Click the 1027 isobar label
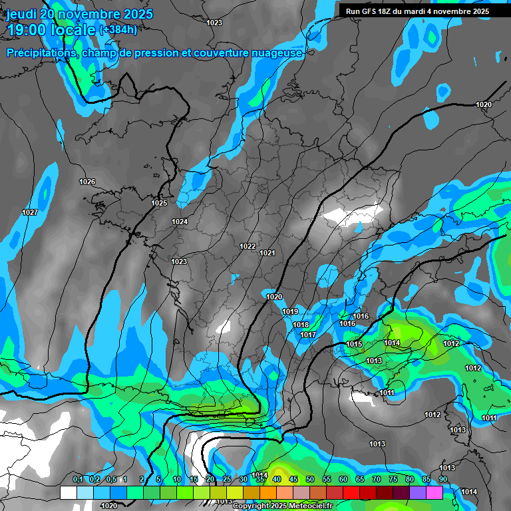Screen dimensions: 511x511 click(30, 212)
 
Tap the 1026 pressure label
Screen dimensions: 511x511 click(87, 182)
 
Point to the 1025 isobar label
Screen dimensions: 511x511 click(159, 203)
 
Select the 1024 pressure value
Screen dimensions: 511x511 click(180, 222)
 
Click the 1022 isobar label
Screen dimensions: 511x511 click(248, 246)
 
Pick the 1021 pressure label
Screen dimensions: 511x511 click(267, 253)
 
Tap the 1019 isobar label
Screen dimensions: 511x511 click(290, 311)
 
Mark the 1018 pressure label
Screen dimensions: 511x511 click(301, 325)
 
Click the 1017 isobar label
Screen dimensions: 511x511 click(308, 335)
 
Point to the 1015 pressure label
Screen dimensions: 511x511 click(354, 344)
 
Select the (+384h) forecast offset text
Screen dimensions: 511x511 click(118, 30)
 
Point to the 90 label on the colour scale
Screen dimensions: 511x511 click(442, 479)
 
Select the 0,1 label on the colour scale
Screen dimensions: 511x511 click(78, 479)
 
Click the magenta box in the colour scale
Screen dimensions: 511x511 click(434, 492)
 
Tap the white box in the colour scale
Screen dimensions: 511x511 click(68, 492)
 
